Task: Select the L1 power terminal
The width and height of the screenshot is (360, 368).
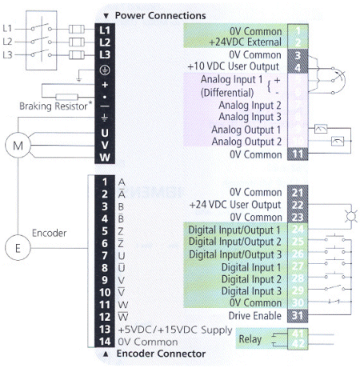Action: [x=105, y=28]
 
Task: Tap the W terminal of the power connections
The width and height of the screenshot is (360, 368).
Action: [x=105, y=156]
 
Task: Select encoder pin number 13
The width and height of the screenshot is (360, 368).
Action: [x=104, y=328]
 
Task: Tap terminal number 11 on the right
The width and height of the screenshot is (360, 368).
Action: [x=295, y=154]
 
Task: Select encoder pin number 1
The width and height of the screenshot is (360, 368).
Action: [x=104, y=182]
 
